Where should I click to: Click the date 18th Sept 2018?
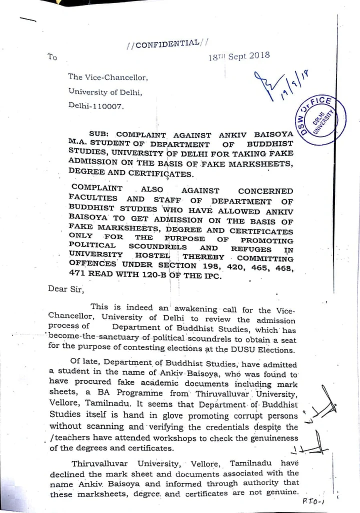click(x=239, y=56)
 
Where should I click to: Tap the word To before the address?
click(x=52, y=57)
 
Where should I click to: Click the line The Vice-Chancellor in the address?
click(x=108, y=77)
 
